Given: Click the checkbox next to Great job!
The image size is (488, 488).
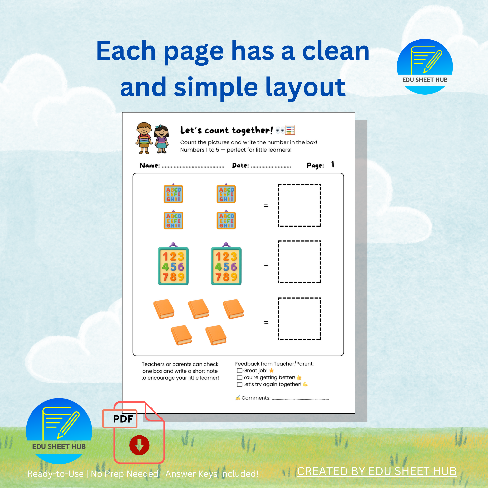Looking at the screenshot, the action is [x=239, y=371].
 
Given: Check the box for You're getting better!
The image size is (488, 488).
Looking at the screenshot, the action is [x=239, y=377].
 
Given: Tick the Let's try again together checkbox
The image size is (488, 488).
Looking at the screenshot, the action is [x=239, y=385].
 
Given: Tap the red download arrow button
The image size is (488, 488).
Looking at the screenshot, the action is [x=139, y=445].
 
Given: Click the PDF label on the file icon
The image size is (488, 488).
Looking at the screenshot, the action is [x=123, y=419].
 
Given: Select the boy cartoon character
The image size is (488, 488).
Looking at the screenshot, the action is [x=144, y=138].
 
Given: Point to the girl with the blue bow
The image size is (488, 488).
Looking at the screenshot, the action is [x=161, y=139].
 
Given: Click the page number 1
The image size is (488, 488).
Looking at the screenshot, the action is [x=333, y=164].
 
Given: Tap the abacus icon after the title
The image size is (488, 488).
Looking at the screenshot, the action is [x=290, y=130].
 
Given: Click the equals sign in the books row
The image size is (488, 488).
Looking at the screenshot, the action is [x=266, y=322].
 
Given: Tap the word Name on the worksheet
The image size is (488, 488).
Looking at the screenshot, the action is [x=150, y=165].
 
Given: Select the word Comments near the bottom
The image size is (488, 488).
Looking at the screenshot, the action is [x=256, y=398].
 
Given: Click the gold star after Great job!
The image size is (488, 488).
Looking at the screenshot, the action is [x=272, y=371].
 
